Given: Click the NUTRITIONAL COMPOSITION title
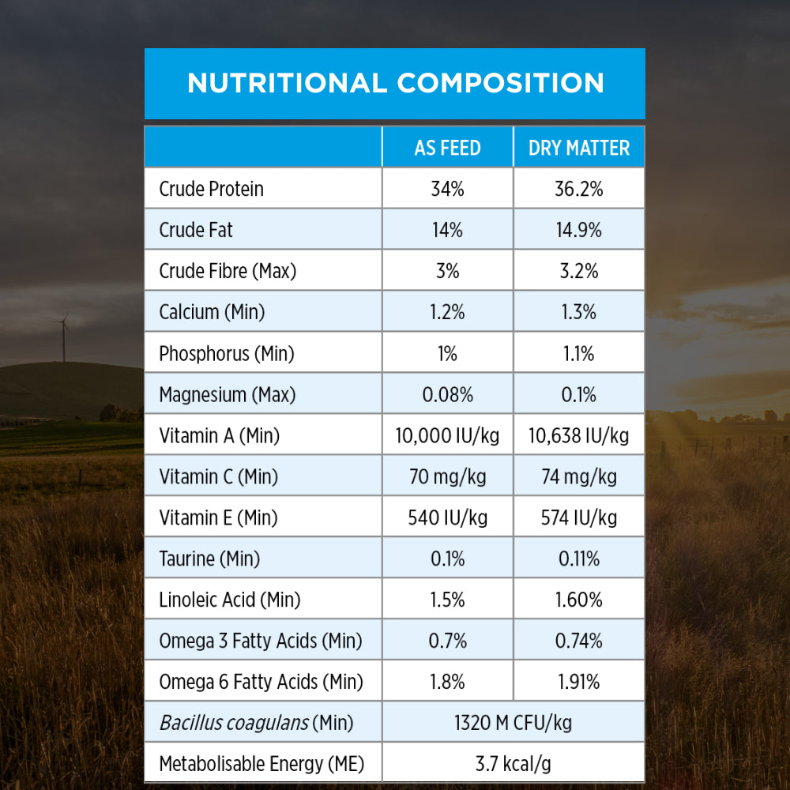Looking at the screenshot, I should click(395, 83).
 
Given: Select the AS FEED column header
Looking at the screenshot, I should click(447, 148).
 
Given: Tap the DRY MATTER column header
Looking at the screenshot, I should click(579, 148).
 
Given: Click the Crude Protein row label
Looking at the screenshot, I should click(211, 189).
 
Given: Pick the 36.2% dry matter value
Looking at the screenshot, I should click(579, 189).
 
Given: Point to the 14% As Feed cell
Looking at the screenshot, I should click(447, 230).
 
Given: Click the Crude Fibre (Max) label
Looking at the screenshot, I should click(228, 271).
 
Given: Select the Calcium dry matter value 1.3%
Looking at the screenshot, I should click(579, 312).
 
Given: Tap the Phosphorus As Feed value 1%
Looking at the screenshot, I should click(447, 353).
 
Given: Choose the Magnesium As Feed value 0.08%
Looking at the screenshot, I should click(447, 394).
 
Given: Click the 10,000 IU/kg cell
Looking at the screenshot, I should click(447, 435).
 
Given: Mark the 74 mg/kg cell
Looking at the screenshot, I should click(579, 476).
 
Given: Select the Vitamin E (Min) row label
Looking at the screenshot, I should click(218, 517).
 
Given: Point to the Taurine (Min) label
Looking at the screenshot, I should click(209, 559).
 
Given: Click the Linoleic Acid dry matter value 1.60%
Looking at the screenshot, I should click(579, 600).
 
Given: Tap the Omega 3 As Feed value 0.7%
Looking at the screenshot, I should click(447, 641).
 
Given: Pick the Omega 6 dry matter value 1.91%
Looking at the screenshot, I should click(579, 682).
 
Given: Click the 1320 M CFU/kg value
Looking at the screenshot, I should click(513, 723).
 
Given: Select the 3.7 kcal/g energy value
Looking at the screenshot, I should click(513, 764).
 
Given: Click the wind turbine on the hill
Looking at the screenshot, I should click(63, 335).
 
